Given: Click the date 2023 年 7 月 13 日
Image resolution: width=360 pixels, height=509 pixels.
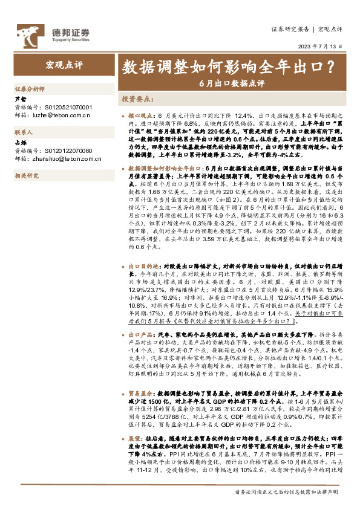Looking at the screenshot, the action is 321,45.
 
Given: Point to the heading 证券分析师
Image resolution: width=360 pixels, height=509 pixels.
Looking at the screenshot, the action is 30,88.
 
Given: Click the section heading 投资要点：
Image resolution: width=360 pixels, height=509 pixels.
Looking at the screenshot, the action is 137,99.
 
